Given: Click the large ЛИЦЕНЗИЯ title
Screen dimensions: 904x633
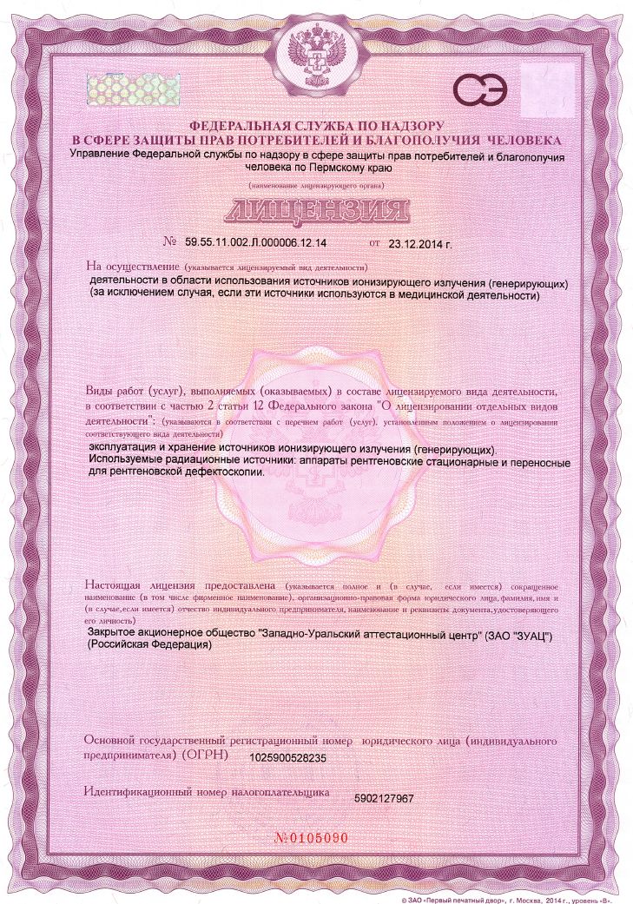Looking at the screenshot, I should point(317,210).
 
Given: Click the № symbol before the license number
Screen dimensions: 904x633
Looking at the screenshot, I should point(170,244).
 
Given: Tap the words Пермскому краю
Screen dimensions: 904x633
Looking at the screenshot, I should point(343,170).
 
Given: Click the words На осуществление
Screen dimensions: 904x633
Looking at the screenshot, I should point(133,266).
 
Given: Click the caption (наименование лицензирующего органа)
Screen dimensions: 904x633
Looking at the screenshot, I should point(316,186).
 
